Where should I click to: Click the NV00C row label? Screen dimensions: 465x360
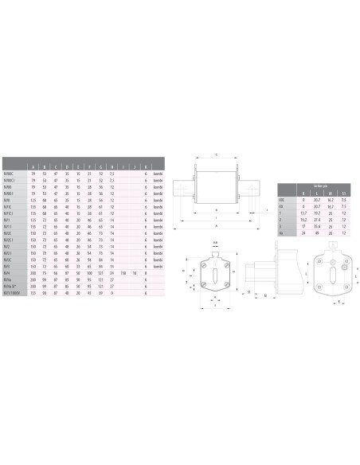click(x=10, y=172)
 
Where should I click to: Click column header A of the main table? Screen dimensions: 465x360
click(x=33, y=166)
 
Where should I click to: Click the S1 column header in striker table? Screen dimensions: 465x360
click(x=344, y=193)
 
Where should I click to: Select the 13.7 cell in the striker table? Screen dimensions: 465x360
click(x=304, y=213)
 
